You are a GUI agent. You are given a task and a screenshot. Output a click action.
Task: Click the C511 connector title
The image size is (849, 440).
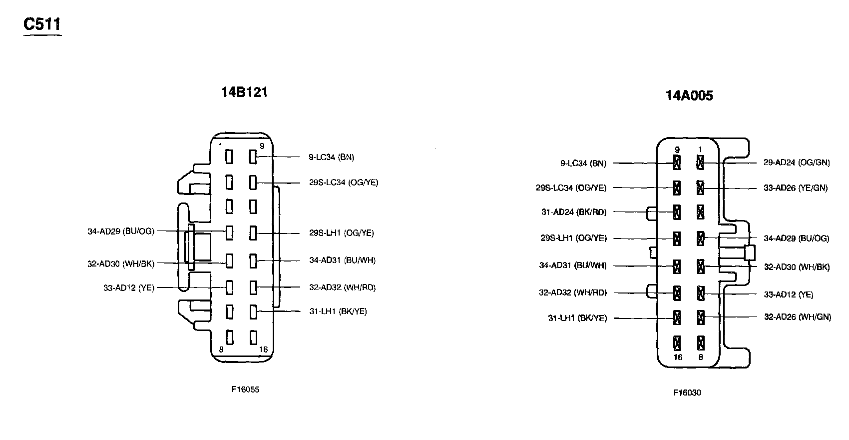tap(42, 24)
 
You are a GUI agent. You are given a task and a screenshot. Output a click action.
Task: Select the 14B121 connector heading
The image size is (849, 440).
tap(244, 92)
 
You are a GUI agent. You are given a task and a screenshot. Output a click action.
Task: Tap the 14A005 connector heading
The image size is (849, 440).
tap(689, 95)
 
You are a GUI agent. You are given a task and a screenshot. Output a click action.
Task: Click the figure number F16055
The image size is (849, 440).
tap(245, 390)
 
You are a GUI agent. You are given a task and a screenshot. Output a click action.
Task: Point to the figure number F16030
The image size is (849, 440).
tap(687, 392)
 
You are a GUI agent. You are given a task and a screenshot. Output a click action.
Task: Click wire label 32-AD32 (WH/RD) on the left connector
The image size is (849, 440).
tap(342, 287)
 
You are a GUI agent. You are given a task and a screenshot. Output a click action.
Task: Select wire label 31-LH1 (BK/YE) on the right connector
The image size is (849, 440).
tap(577, 318)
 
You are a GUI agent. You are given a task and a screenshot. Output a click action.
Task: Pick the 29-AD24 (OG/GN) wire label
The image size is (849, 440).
tap(797, 162)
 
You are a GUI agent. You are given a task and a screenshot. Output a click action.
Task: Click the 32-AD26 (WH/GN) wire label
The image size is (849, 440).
tap(798, 317)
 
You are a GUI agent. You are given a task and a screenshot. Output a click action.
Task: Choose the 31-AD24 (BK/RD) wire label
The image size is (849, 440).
tap(574, 212)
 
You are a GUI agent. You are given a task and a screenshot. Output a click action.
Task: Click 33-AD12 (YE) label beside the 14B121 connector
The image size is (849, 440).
tap(129, 288)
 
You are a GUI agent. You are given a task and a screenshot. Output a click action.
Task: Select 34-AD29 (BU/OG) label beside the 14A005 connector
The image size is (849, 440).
tap(797, 238)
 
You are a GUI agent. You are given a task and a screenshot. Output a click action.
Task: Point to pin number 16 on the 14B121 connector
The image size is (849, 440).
tap(263, 349)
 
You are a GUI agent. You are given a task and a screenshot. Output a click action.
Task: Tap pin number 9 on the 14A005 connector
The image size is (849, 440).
tap(677, 149)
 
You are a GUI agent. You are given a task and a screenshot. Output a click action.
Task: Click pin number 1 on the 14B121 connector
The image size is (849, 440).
tap(220, 146)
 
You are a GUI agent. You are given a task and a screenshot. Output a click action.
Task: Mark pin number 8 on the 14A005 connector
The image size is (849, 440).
tap(700, 357)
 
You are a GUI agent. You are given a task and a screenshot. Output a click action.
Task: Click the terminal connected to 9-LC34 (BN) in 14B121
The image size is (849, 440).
tap(253, 157)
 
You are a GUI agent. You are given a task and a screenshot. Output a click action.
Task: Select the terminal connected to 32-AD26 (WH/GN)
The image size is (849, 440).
tap(700, 316)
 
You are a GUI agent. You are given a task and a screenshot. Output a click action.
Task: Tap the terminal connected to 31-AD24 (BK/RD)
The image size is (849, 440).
tap(677, 212)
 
